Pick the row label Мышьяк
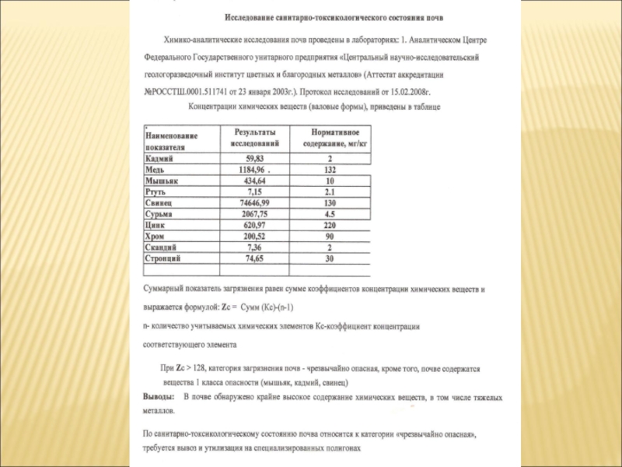tap(162, 180)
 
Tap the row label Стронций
tap(163, 257)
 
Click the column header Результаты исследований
tap(256, 139)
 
